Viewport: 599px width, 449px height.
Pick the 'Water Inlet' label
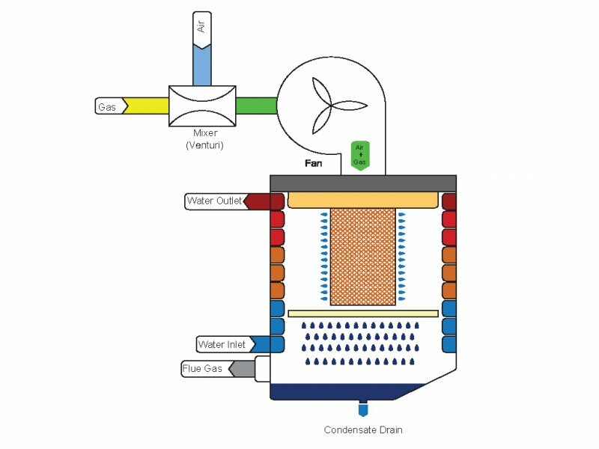coord(222,345)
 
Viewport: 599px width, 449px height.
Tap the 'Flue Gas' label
coord(204,368)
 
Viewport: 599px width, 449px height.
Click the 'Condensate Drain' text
coord(363,430)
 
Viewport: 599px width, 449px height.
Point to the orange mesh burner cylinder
coord(362,256)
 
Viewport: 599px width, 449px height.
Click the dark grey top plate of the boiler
coord(363,183)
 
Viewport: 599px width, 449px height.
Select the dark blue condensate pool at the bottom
coord(344,391)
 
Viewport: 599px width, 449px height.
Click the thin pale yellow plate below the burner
coord(362,312)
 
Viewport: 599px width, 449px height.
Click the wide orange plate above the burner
coord(362,200)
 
